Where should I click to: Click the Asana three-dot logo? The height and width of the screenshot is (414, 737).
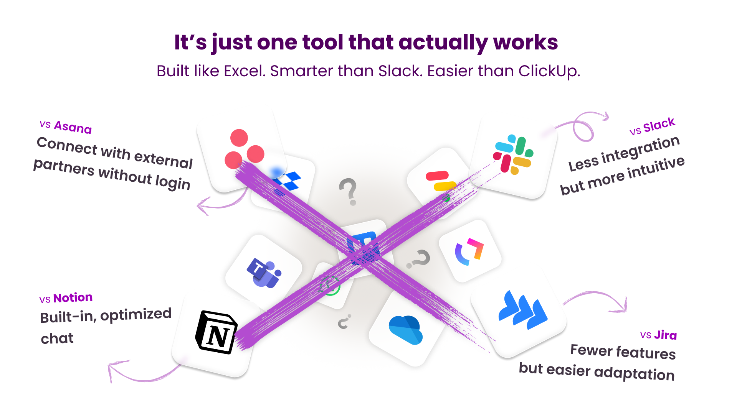click(244, 149)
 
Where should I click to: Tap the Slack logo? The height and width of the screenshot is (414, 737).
click(513, 154)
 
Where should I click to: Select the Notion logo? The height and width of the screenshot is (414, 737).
click(216, 332)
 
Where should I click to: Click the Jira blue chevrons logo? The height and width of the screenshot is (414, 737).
click(523, 310)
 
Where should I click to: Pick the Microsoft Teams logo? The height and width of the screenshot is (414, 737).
click(264, 273)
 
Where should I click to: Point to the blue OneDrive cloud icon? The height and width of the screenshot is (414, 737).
click(405, 330)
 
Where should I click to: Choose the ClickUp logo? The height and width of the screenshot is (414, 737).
click(469, 252)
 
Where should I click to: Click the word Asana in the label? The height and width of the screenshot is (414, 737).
click(73, 127)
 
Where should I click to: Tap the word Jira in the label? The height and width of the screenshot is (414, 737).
click(666, 335)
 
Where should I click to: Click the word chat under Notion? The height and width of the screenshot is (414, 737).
click(57, 338)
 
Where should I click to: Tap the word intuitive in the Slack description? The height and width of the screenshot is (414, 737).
click(656, 168)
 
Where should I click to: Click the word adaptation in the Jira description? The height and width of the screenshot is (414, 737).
click(635, 373)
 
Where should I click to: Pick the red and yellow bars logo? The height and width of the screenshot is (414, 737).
click(441, 181)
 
